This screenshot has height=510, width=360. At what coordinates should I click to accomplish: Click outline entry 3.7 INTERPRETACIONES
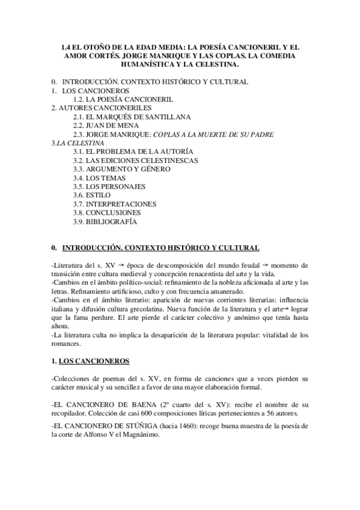[114, 204]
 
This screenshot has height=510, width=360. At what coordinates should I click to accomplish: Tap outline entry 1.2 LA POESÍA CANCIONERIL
[123, 99]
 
